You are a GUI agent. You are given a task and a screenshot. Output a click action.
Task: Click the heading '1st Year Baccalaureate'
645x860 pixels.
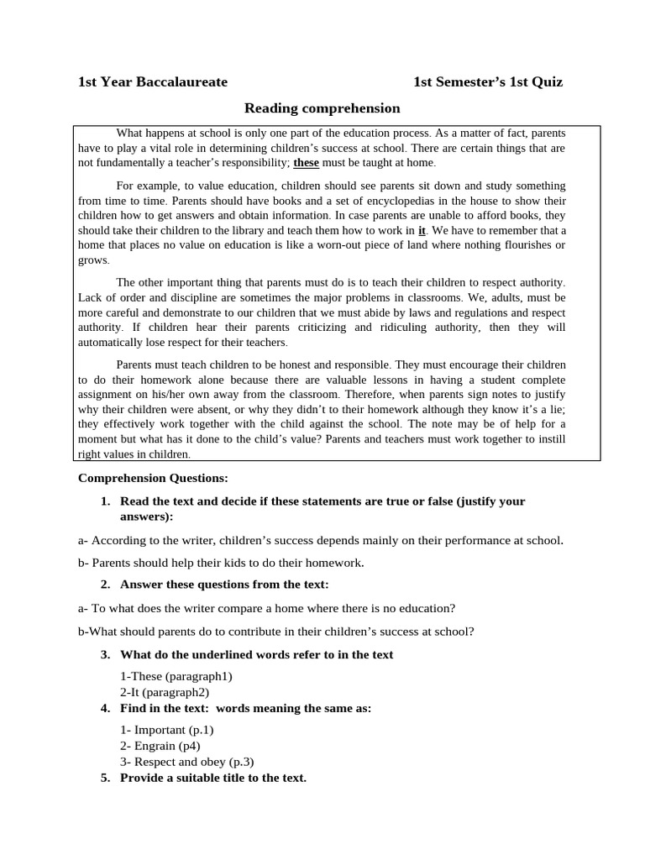click(x=153, y=82)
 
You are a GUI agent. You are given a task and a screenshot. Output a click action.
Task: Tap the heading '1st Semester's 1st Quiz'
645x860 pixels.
click(x=488, y=82)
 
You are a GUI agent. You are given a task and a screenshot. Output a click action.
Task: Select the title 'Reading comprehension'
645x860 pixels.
click(x=322, y=108)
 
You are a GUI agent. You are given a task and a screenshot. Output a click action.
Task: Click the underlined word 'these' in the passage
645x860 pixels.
click(x=307, y=163)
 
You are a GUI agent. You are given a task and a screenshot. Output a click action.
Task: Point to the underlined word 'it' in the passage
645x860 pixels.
click(x=422, y=230)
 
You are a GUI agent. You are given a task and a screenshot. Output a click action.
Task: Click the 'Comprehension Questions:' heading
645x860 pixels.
click(x=153, y=478)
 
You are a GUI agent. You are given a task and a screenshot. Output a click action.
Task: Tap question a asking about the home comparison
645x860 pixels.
click(x=266, y=608)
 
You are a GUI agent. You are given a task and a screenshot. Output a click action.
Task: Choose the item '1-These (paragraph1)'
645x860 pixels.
click(x=176, y=676)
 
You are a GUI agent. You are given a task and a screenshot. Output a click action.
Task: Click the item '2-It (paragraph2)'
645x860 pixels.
click(x=165, y=692)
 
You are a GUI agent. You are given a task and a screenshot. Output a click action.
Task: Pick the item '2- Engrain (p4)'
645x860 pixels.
click(x=160, y=746)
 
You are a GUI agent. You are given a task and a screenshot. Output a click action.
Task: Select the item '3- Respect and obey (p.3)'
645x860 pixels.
click(x=186, y=762)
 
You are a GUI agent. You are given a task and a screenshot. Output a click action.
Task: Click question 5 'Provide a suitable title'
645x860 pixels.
click(x=212, y=778)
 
